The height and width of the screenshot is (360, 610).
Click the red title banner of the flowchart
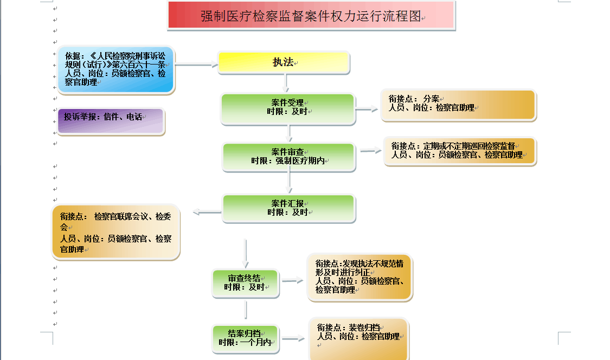[311, 16]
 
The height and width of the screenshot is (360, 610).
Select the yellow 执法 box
[284, 62]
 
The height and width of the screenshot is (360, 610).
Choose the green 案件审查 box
[289, 157]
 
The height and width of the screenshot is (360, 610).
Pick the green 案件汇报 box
[288, 208]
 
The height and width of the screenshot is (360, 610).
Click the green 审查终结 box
[245, 282]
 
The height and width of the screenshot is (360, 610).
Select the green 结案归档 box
[245, 338]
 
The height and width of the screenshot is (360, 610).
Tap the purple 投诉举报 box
[110, 121]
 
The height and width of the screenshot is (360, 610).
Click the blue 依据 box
[116, 69]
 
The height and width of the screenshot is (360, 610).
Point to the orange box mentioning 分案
[458, 104]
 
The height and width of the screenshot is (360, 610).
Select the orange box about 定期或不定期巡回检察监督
[460, 151]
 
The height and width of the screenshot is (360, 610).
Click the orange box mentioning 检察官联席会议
[115, 232]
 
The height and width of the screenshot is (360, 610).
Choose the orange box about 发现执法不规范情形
[359, 277]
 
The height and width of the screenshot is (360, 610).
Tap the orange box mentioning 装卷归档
[358, 337]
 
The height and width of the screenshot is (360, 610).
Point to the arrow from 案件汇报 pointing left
[207, 212]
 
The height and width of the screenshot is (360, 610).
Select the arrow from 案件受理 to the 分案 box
[367, 109]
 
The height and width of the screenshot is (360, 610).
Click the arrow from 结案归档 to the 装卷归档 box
[293, 339]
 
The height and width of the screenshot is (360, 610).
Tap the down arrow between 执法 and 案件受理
[286, 82]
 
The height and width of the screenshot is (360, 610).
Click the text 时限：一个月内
[245, 343]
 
